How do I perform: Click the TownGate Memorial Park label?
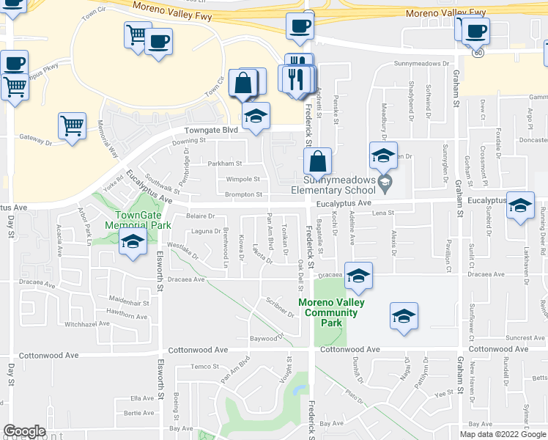point(137,220)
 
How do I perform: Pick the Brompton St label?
point(244,195)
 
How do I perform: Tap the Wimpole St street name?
point(242,179)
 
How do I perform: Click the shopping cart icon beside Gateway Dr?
point(72,126)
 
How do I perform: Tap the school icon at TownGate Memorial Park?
point(133,243)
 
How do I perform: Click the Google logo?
point(24,432)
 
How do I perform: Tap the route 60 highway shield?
point(478,53)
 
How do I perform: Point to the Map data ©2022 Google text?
point(503,434)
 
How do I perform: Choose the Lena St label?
point(383,213)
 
